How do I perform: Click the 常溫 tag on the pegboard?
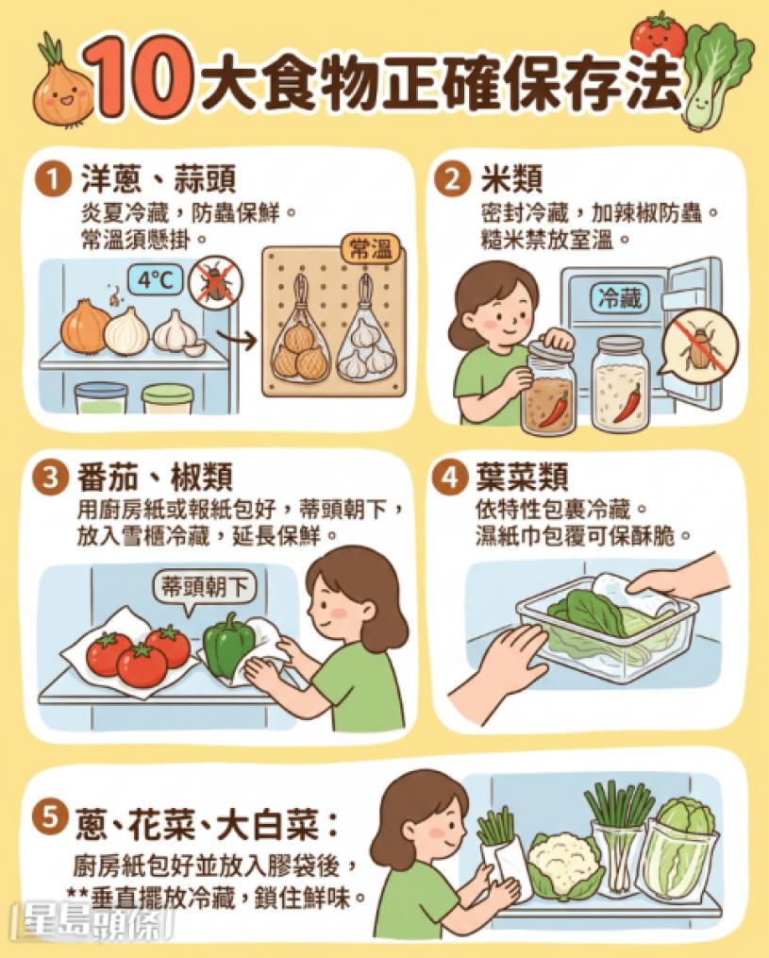[x=370, y=250]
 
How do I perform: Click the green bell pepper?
[x=228, y=645]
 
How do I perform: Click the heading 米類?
[x=511, y=179]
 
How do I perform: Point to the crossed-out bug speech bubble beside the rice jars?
[x=700, y=346]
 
